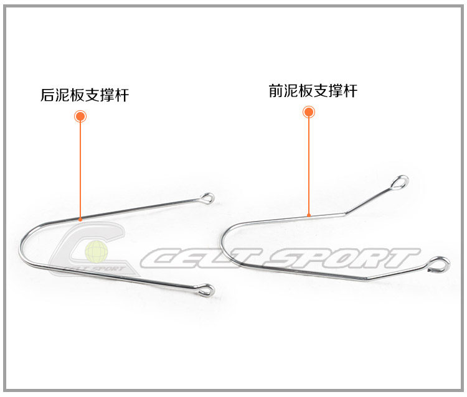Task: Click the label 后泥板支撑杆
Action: click(x=85, y=95)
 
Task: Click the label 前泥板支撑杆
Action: click(x=313, y=91)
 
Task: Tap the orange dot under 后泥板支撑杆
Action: click(x=80, y=116)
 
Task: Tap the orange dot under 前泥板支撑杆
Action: click(x=309, y=112)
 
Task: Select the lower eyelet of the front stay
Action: click(x=440, y=264)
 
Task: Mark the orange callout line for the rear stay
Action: click(x=80, y=168)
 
